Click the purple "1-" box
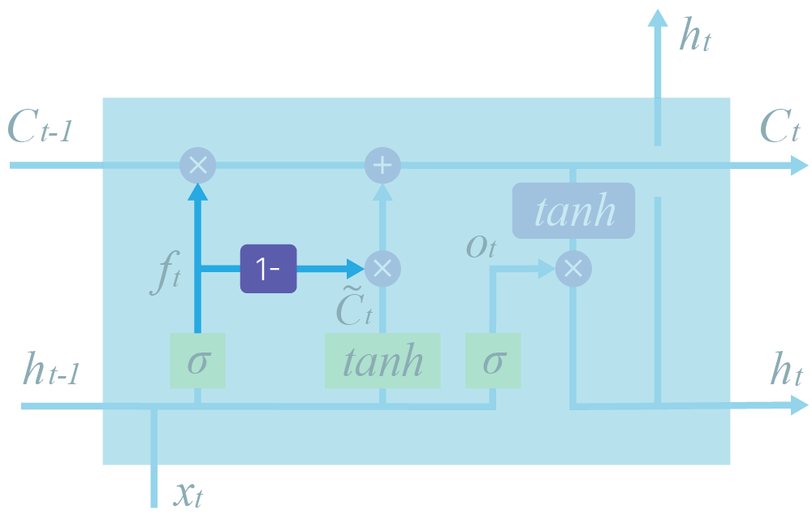(268, 268)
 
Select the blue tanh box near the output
(573, 211)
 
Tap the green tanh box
(382, 360)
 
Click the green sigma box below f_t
(197, 360)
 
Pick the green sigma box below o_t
(493, 360)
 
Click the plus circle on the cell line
(382, 166)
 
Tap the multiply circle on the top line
(197, 166)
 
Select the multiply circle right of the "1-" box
(382, 268)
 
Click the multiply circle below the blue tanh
(573, 268)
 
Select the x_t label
(188, 492)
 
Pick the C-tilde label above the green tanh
(354, 307)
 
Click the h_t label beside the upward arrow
(695, 37)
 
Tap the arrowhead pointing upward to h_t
(657, 18)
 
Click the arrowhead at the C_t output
(800, 166)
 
